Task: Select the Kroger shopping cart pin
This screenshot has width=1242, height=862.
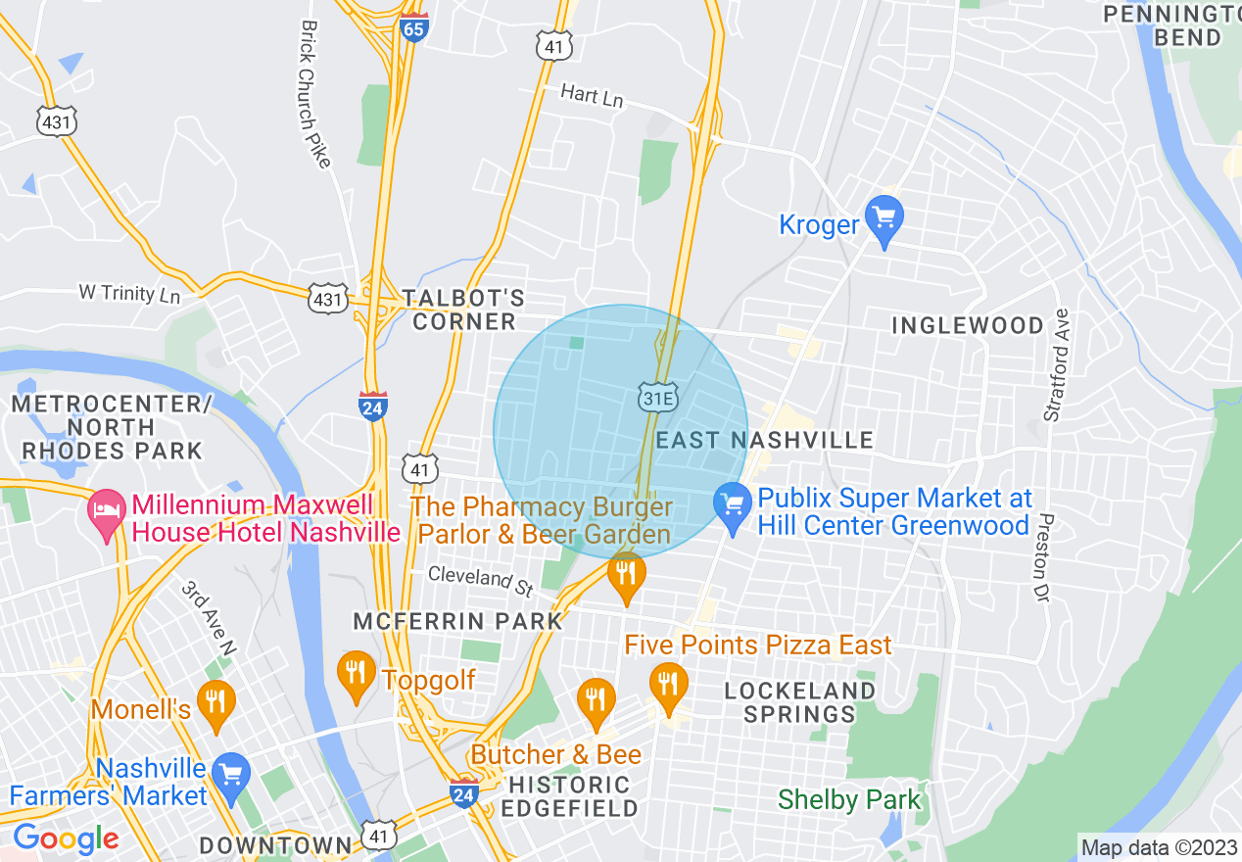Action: click(885, 221)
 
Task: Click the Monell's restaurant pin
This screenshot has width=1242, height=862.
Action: click(215, 704)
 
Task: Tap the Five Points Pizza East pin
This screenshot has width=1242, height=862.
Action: click(668, 687)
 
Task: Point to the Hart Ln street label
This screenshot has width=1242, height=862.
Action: click(592, 96)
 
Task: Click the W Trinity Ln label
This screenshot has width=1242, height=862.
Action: click(130, 293)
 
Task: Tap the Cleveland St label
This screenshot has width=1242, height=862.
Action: click(480, 580)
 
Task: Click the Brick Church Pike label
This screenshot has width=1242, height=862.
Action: click(314, 93)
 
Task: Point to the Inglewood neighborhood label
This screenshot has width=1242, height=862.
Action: click(968, 325)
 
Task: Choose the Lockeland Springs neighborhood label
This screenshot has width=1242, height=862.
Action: click(800, 701)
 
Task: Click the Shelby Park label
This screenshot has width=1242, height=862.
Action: click(849, 799)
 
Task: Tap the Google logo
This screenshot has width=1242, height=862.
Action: click(66, 838)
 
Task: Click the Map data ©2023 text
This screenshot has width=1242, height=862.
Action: click(1157, 846)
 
